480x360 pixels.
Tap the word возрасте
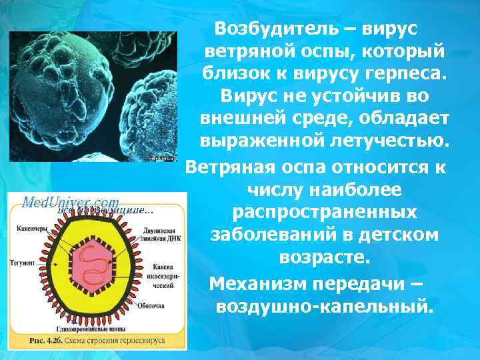pyautogui.click(x=325, y=257)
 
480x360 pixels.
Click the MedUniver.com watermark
pyautogui.click(x=71, y=202)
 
